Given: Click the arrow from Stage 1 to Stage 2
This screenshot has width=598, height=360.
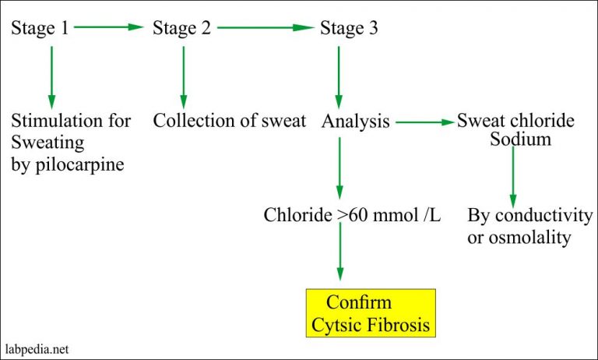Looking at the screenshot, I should click(x=110, y=27).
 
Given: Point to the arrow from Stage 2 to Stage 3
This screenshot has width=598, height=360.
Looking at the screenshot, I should click(x=265, y=27).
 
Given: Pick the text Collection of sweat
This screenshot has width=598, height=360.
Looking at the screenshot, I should click(x=229, y=121).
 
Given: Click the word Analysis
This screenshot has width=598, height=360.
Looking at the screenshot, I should click(x=355, y=122).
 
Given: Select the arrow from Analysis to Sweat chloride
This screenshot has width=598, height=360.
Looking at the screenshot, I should click(x=424, y=122).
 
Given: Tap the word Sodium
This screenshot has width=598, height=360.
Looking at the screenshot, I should click(x=520, y=139).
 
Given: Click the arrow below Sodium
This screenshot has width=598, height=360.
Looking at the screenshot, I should click(x=512, y=175).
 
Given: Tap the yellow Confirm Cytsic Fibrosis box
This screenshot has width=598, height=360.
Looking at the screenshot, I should click(x=371, y=313).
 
